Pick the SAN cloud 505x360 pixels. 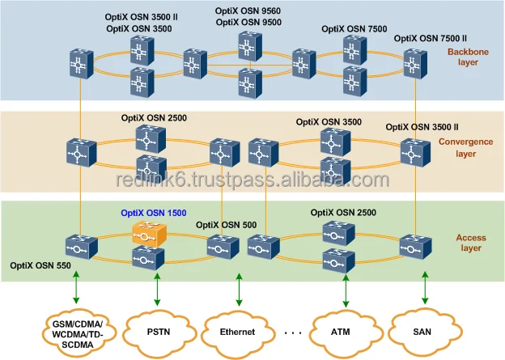coord(421,330)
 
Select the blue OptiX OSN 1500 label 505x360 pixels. coord(153,214)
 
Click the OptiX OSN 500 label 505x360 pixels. coord(228,224)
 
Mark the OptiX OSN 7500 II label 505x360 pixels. coord(430,38)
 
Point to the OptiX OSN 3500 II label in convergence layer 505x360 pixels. coord(422,126)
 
